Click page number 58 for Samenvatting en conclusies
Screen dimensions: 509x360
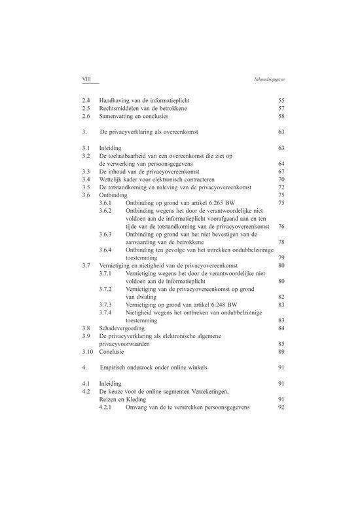point(281,116)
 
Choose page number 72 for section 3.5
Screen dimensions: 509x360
point(281,187)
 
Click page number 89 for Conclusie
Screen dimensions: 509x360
point(281,352)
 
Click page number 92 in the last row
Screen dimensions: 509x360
point(281,407)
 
